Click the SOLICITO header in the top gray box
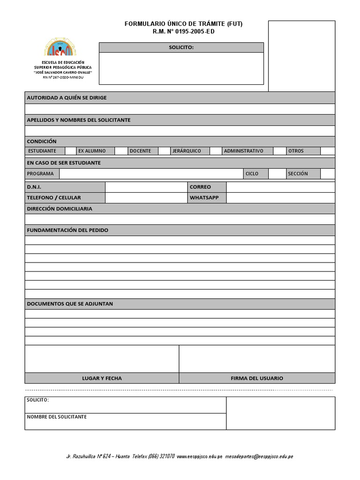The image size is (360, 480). click(x=181, y=47)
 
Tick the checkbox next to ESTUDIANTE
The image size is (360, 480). click(x=70, y=151)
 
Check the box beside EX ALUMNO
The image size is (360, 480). click(x=121, y=151)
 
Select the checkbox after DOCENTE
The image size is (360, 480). click(x=164, y=151)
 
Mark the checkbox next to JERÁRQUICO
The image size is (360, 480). click(x=215, y=151)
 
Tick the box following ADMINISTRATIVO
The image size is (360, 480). click(x=279, y=151)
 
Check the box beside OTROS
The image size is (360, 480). click(x=328, y=151)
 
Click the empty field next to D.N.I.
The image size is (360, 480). click(x=146, y=187)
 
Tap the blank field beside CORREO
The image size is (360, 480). click(x=280, y=187)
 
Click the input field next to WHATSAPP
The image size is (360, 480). click(x=280, y=198)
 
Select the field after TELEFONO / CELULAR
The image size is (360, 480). click(x=146, y=198)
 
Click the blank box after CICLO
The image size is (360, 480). click(x=276, y=174)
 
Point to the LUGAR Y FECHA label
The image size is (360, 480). click(x=102, y=378)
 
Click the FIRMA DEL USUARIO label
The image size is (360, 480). click(x=257, y=378)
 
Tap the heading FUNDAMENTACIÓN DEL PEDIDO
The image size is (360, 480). click(x=67, y=230)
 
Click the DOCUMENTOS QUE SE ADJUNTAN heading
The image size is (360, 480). click(x=70, y=304)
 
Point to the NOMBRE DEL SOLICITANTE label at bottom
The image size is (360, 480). click(x=57, y=417)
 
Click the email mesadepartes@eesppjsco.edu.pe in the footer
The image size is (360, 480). click(x=259, y=456)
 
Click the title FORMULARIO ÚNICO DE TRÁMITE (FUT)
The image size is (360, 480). click(x=184, y=24)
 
